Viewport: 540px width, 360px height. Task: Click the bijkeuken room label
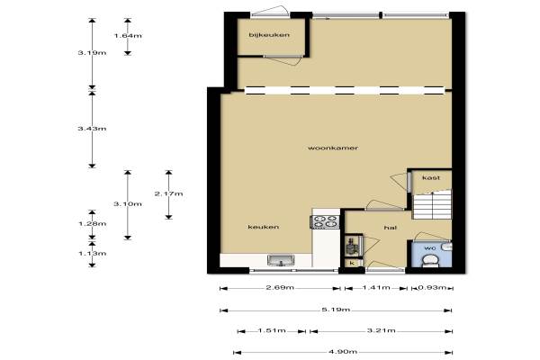pos(269,35)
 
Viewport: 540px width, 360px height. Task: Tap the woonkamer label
pos(333,148)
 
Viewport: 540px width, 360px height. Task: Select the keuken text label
pos(264,227)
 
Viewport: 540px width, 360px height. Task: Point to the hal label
pos(391,228)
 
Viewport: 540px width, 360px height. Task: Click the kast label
pos(431,178)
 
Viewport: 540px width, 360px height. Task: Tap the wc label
pos(430,247)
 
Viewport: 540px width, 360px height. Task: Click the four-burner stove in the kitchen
pos(325,221)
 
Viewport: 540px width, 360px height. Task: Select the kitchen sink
pos(281,260)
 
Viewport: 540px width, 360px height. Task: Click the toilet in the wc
pos(430,260)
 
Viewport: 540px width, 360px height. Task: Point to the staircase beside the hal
pos(432,204)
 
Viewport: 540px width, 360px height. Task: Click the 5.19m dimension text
pos(336,310)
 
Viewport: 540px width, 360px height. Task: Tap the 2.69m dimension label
pos(280,287)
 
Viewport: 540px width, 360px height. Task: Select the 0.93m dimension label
pos(432,287)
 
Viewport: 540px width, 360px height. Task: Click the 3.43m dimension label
pos(92,129)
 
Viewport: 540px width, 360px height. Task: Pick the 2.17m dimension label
pos(169,193)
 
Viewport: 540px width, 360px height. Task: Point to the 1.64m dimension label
pos(128,35)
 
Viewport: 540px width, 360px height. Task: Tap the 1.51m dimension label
pos(272,330)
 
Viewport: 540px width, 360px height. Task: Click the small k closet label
pos(352,263)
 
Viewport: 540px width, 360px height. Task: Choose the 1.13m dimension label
pos(93,253)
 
